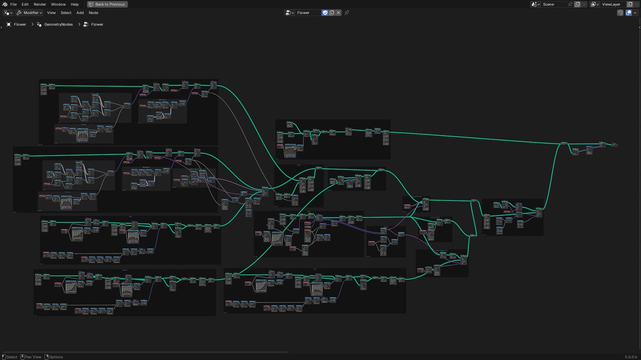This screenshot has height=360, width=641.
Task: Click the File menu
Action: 13,4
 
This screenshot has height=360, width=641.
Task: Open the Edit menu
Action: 25,4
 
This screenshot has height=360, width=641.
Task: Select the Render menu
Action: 40,4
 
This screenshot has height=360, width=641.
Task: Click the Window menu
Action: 58,4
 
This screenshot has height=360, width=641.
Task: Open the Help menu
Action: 75,4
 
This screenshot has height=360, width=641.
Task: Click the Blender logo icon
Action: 4,4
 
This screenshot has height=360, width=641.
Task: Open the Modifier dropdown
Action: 29,12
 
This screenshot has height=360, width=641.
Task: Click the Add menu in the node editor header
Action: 80,12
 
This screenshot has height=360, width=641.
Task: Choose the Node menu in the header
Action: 93,12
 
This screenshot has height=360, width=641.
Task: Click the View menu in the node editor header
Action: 51,12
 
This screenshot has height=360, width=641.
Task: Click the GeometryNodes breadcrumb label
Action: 59,24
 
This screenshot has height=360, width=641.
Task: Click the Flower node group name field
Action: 308,12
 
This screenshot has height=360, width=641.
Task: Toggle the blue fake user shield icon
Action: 325,12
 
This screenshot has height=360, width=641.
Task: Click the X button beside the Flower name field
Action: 338,12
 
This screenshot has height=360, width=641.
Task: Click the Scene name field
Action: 553,4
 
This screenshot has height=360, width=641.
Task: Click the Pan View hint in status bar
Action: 33,357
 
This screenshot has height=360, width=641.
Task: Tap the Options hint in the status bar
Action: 56,357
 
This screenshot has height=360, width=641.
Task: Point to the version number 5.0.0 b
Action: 631,357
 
